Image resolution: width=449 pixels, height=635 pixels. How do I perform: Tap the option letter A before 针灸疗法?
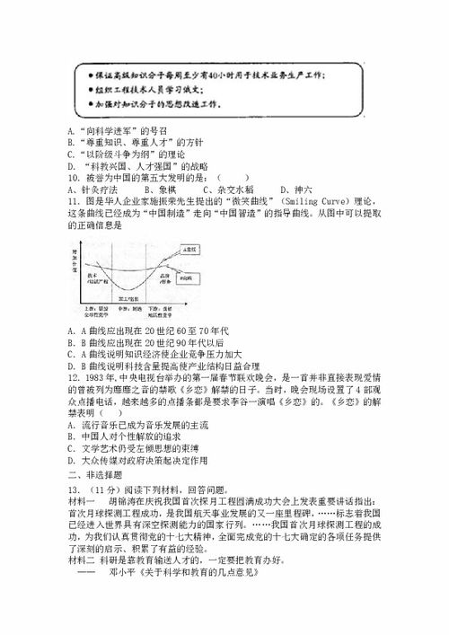71,189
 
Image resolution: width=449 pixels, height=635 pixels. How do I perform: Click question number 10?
74,177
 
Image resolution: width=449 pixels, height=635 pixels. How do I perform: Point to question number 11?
74,201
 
